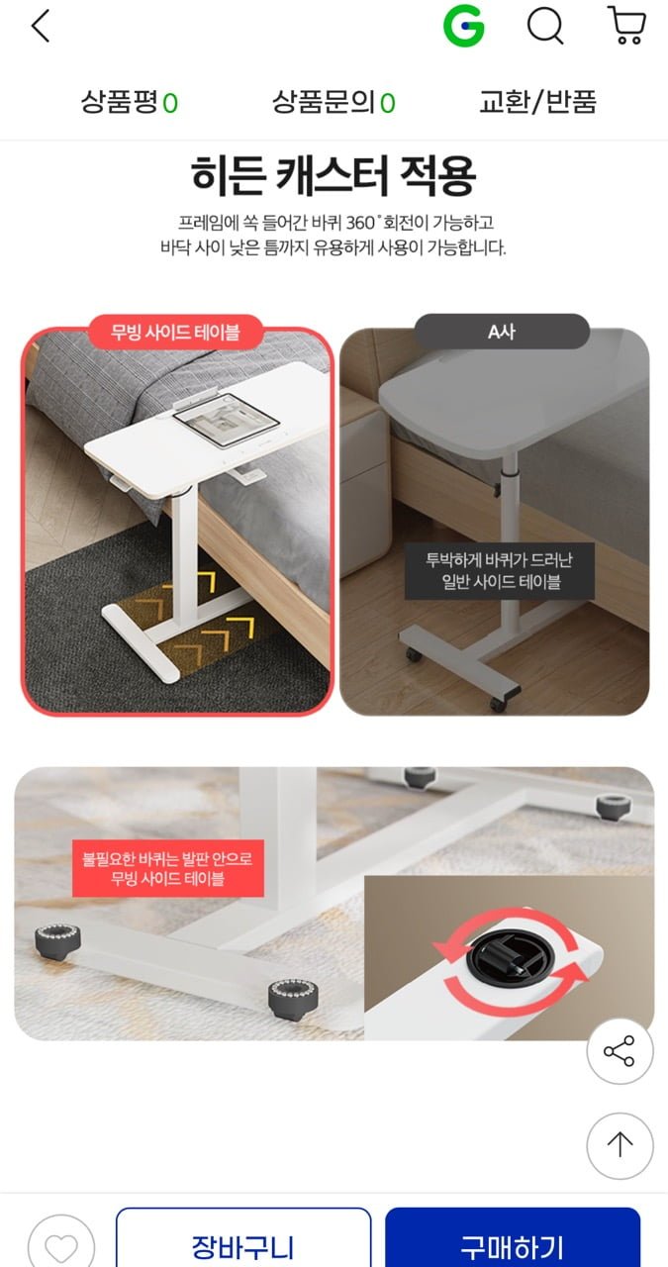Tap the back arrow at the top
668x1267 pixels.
tap(41, 26)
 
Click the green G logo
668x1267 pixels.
tap(464, 26)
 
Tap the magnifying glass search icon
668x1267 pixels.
tap(545, 26)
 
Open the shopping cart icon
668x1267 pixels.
tap(626, 26)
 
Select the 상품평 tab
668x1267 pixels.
tap(130, 102)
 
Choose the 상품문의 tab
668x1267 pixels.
tap(334, 102)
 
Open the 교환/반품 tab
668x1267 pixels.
tap(537, 102)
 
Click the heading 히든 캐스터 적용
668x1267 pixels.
tap(334, 175)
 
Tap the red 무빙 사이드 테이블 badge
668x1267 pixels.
tap(175, 332)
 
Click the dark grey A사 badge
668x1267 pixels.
tap(502, 332)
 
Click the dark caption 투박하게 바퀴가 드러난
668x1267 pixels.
tap(499, 560)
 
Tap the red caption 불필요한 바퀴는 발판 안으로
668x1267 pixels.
tap(167, 859)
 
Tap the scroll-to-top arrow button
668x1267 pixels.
tap(620, 1145)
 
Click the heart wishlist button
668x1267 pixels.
tap(61, 1244)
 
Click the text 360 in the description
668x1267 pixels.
tap(360, 223)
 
